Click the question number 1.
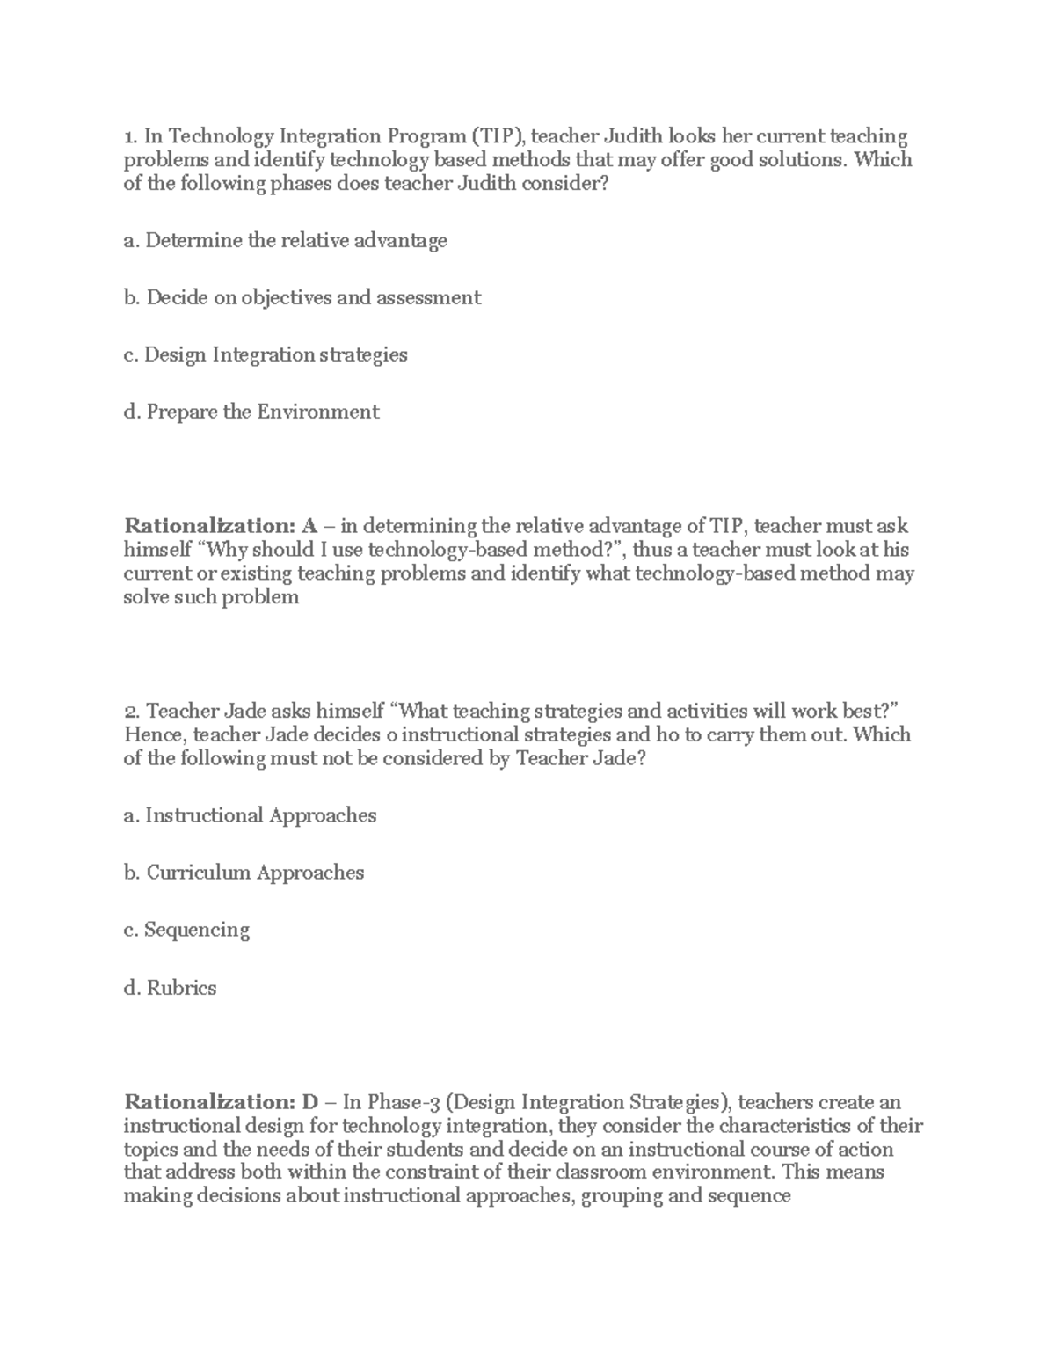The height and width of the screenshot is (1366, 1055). [x=130, y=136]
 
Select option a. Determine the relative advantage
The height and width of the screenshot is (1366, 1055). [x=286, y=240]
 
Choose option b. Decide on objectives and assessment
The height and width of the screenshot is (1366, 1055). [x=302, y=297]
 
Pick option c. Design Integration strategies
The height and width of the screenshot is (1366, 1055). [x=266, y=354]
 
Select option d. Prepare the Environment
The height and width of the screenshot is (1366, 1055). [x=251, y=412]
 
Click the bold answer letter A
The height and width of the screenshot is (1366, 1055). [x=309, y=526]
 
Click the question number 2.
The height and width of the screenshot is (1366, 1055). [x=131, y=711]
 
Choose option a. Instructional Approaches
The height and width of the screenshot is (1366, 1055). [x=250, y=815]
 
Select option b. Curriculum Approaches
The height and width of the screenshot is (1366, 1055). [x=244, y=873]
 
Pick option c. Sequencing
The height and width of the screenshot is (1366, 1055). [x=186, y=930]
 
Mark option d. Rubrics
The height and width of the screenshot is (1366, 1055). [x=170, y=988]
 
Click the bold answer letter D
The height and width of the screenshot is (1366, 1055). [x=309, y=1102]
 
